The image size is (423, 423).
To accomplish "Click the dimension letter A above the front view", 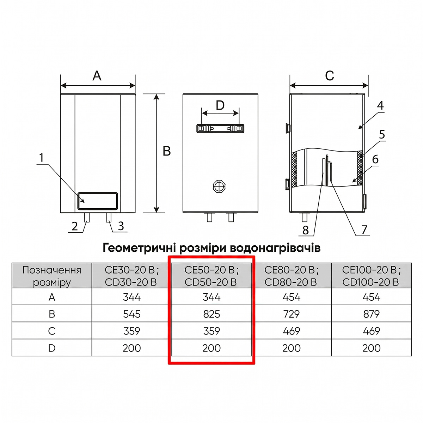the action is click(97, 76).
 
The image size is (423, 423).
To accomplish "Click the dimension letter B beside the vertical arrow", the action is click(167, 151).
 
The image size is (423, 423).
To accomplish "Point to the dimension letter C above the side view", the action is click(330, 76).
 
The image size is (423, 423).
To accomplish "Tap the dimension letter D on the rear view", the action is click(220, 105).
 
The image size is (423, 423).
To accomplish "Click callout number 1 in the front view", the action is click(42, 158).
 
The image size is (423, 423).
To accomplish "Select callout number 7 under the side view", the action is click(364, 230).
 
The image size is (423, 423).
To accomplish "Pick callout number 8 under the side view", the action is click(306, 230).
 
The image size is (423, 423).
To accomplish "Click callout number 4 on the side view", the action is click(380, 105).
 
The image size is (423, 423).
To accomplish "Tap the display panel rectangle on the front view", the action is click(97, 201).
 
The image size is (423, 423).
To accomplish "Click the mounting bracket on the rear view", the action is click(220, 128).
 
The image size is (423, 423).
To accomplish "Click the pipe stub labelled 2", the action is click(87, 217).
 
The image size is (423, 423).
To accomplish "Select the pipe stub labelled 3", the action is click(109, 217).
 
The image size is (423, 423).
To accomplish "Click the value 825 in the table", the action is click(211, 314).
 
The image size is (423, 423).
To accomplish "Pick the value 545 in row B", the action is click(131, 314).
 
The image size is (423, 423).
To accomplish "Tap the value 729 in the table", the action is click(291, 314).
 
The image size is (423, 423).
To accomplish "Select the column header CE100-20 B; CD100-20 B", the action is click(372, 276).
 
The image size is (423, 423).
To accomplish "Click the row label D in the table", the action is click(52, 348).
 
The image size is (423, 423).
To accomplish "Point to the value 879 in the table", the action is click(372, 314).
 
